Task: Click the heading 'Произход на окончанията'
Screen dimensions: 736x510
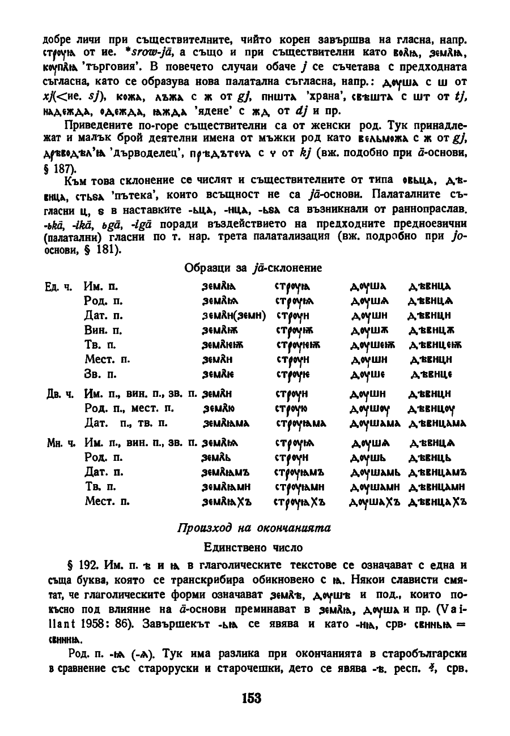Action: tap(254, 528)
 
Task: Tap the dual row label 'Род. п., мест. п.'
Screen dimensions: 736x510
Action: tap(130, 407)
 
